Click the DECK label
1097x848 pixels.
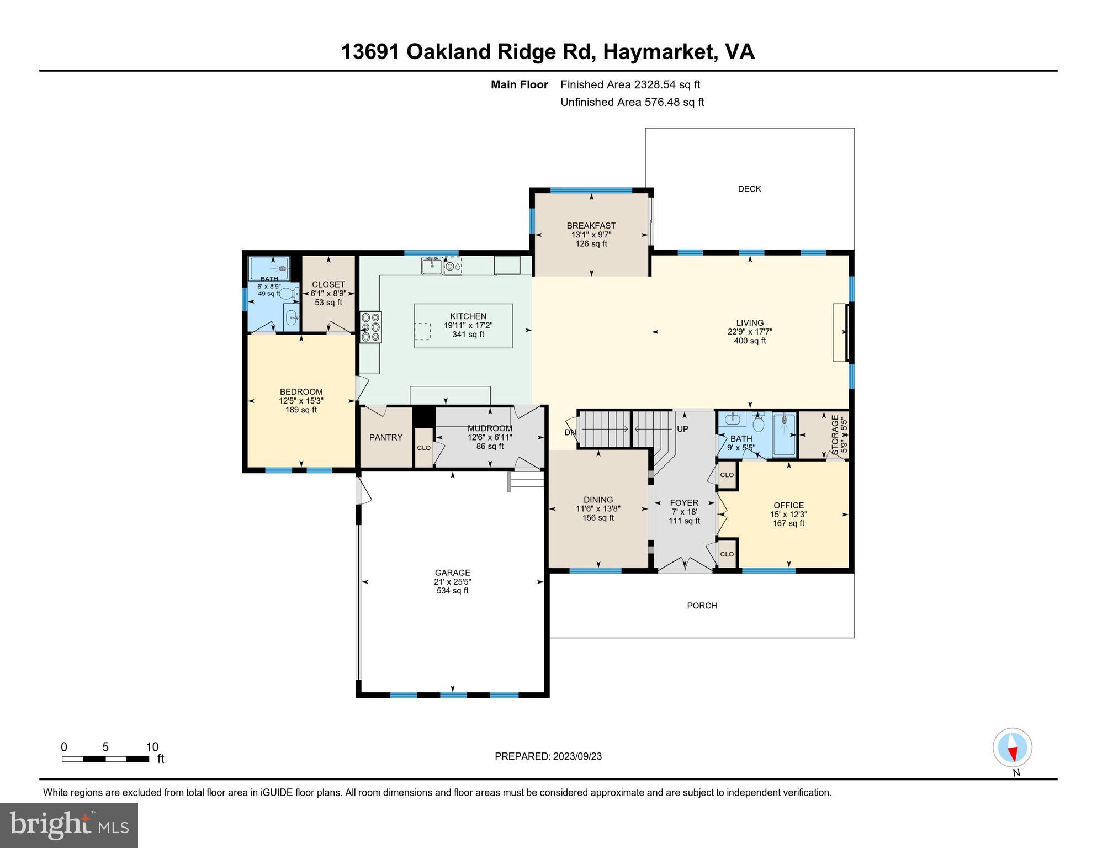tap(749, 189)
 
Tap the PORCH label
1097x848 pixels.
tap(702, 606)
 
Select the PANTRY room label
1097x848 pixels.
tap(385, 437)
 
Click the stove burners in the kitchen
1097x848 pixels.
tap(370, 327)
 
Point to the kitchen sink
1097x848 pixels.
tap(432, 266)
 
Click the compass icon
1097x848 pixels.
tap(1013, 748)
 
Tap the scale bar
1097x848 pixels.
tap(105, 759)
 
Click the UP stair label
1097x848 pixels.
tap(682, 429)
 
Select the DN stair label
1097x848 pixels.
tap(570, 432)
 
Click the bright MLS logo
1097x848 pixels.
tap(69, 825)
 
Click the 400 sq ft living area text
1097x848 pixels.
tap(750, 341)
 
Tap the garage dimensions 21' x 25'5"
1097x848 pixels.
tap(452, 582)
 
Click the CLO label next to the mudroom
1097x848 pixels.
tap(423, 448)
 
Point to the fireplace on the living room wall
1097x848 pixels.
tap(840, 332)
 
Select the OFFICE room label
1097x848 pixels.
tap(788, 505)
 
